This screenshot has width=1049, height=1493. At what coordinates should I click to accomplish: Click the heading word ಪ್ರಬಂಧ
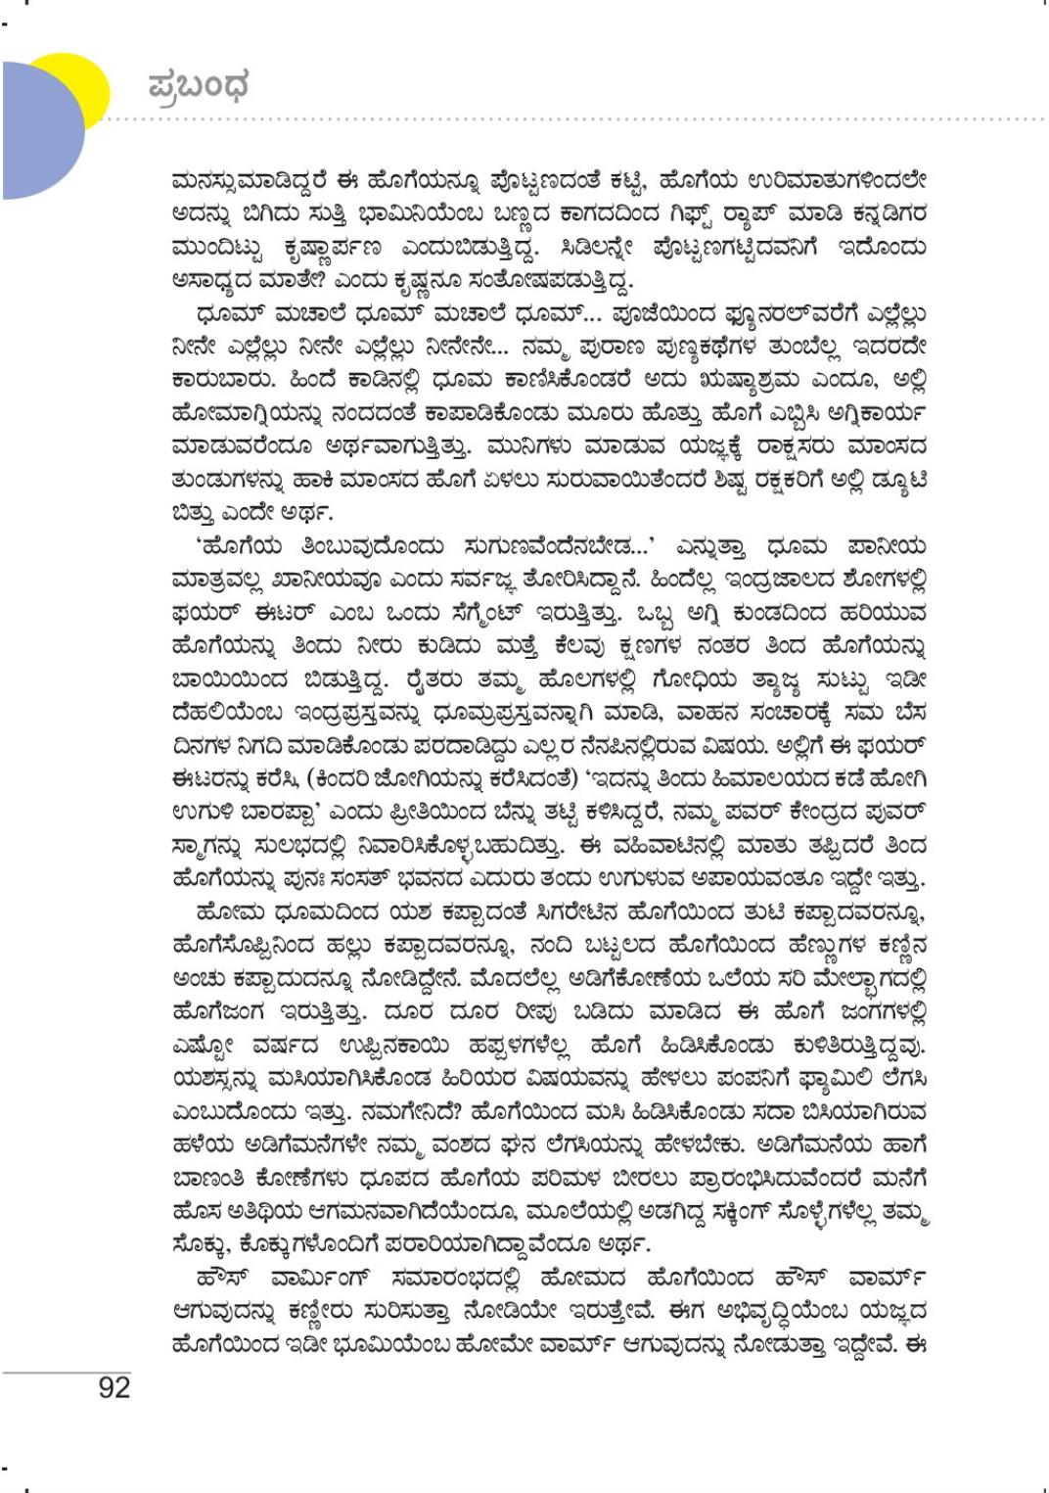(199, 85)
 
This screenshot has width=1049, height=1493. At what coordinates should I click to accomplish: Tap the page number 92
(114, 1387)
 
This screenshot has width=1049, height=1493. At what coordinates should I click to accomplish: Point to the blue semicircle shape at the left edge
(39, 127)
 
